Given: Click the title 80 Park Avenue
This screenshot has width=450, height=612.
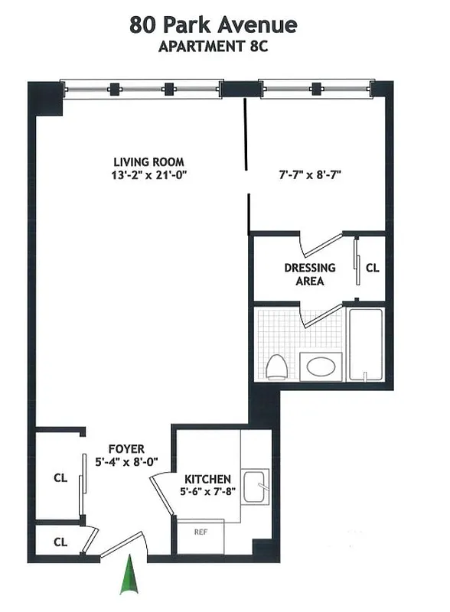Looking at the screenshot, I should [x=213, y=25].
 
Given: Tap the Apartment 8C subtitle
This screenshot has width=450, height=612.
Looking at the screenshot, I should [x=213, y=46].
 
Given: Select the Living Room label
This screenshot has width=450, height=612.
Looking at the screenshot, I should [x=148, y=162].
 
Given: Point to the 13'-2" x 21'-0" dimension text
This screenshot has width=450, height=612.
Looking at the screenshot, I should [x=150, y=175].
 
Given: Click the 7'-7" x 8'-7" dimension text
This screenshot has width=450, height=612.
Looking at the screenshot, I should [x=309, y=174].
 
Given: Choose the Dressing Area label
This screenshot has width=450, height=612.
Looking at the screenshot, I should [x=309, y=274].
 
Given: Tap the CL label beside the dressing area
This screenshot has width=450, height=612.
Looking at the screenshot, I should [x=372, y=269].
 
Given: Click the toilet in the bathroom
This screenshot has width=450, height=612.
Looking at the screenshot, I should [x=276, y=367].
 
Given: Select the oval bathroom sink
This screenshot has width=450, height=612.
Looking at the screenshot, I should [x=319, y=366].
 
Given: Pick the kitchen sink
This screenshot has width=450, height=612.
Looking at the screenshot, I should [x=256, y=487].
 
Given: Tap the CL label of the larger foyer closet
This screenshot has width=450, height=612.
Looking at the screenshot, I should [x=60, y=478].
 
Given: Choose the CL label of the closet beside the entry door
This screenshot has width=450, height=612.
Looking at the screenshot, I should [x=60, y=542].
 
